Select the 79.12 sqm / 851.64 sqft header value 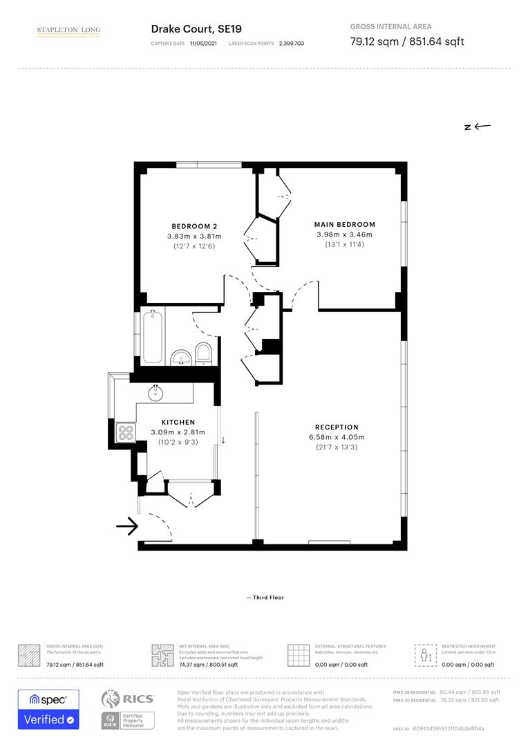coord(407,41)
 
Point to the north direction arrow coord(478,127)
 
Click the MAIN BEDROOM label coord(344,224)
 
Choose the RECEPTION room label coord(337,427)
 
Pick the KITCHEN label coord(178,422)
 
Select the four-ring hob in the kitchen coord(126,433)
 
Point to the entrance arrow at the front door coord(126,527)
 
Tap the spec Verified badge coord(48,709)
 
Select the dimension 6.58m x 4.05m coord(337,437)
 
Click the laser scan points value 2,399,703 coord(291,43)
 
